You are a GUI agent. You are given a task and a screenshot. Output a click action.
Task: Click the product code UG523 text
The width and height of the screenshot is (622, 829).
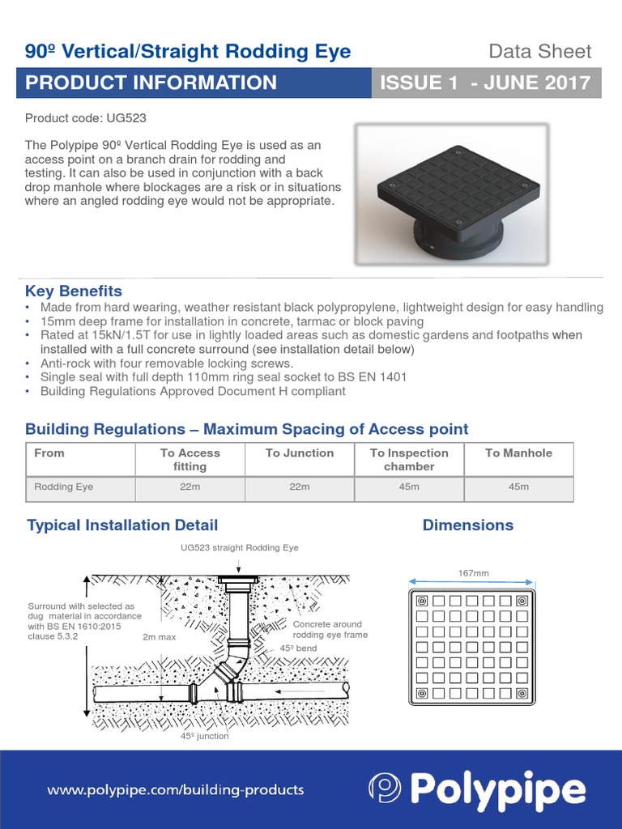pos(86,118)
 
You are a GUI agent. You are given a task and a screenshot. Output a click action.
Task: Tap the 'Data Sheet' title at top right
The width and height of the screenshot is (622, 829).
pos(539,52)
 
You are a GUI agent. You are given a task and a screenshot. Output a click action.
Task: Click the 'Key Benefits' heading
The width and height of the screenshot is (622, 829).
pos(74,291)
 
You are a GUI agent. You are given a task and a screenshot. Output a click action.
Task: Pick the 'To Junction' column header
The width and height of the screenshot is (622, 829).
pos(300,453)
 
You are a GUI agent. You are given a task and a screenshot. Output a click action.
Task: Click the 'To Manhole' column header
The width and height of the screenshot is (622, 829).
pos(518,453)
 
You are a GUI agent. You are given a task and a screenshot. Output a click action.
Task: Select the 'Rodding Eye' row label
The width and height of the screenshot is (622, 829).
pos(64,487)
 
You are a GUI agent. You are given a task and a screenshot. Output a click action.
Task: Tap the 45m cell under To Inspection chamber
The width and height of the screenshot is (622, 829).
pos(409,487)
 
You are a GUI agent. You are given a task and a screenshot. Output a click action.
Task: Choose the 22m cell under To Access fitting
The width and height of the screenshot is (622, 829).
pos(190,487)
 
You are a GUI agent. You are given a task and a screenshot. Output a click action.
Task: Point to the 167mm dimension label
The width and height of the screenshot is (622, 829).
pos(474,573)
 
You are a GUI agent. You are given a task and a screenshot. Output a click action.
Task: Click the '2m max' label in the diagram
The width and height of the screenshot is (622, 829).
pos(159,637)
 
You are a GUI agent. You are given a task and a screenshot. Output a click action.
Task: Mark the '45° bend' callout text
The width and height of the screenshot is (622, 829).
pos(297,649)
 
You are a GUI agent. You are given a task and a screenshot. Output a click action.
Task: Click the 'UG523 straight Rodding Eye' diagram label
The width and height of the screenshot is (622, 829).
pos(239,548)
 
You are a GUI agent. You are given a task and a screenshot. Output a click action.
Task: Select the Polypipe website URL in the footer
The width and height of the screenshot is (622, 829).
pos(176,789)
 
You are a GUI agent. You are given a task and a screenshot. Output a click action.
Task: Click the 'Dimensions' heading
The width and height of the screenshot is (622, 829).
pos(468,525)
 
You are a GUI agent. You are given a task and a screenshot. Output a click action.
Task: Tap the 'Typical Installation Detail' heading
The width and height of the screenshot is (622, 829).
pos(122,525)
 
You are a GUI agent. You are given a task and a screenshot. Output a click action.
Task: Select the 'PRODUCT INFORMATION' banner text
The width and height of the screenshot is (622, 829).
pos(151,83)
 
